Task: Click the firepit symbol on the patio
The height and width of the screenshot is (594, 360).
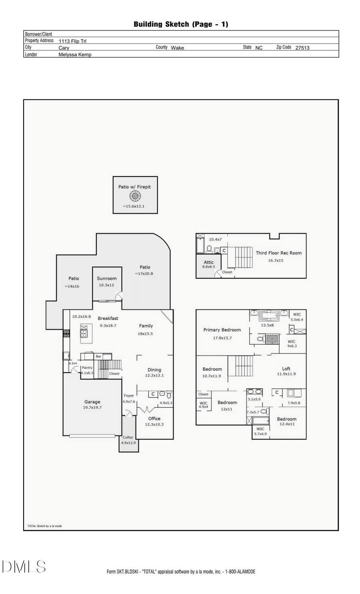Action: (135, 196)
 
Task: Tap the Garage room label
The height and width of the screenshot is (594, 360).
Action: (92, 402)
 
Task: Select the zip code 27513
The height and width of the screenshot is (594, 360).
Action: (302, 48)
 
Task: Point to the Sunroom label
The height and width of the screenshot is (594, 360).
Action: (107, 279)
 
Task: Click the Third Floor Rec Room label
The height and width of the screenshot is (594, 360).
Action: (279, 253)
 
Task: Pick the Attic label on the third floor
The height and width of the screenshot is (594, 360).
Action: (209, 262)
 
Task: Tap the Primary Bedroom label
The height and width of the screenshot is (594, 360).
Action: (222, 330)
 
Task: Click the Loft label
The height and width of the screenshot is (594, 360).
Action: (286, 369)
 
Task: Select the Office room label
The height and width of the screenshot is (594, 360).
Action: (154, 419)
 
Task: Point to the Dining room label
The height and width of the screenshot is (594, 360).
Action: (154, 370)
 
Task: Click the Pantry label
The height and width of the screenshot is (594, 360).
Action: (87, 367)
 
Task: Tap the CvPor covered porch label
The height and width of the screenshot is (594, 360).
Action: (128, 437)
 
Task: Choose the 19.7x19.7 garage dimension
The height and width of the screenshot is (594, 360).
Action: (92, 407)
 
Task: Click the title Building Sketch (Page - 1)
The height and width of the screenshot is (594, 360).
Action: (181, 24)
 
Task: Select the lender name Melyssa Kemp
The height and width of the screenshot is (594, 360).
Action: (75, 55)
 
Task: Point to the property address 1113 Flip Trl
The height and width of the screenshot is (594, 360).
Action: (72, 41)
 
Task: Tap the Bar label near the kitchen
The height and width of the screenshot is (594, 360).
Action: (98, 356)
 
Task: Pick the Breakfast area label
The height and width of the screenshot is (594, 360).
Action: (108, 319)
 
